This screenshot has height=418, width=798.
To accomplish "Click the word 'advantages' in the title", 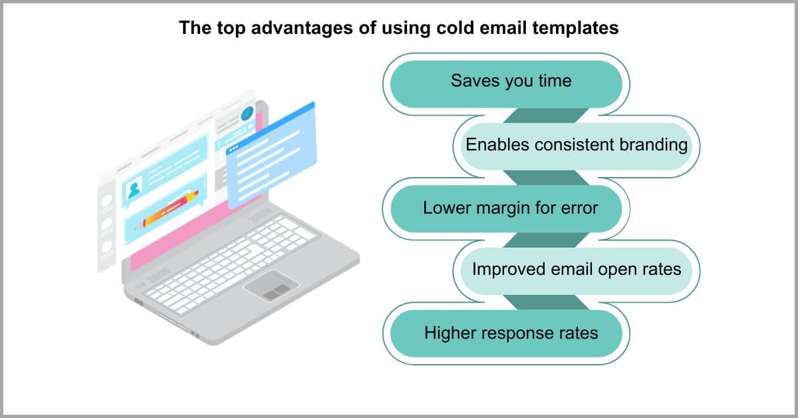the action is (x=302, y=28).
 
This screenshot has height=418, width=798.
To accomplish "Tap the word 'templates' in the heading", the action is (x=575, y=28).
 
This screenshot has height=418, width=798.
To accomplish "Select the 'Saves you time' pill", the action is (x=506, y=84).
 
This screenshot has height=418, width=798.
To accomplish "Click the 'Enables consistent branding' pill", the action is (x=577, y=146).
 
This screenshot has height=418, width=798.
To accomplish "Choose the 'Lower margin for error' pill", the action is (x=506, y=209).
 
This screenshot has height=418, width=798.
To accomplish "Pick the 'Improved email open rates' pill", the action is (x=577, y=271).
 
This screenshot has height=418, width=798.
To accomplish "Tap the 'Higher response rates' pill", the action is (x=506, y=333).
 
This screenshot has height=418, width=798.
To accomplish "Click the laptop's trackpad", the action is (x=272, y=286).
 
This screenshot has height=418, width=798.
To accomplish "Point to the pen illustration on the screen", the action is (x=167, y=210).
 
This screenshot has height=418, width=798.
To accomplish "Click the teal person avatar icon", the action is (x=134, y=190).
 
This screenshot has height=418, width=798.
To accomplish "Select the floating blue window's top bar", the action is (x=271, y=128).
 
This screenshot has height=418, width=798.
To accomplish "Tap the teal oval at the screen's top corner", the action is (x=247, y=113).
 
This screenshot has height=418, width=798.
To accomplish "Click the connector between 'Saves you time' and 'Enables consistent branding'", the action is (x=545, y=116).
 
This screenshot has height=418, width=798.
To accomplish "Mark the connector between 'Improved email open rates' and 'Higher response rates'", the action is (x=545, y=302).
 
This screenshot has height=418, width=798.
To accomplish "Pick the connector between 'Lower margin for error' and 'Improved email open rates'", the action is (x=545, y=240).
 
